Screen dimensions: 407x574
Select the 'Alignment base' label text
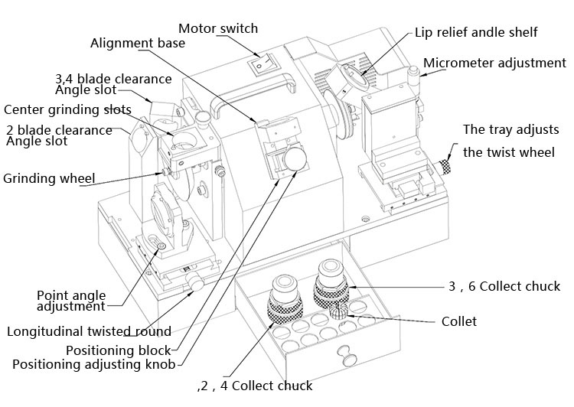click(137, 43)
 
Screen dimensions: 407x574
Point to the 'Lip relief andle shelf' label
click(475, 32)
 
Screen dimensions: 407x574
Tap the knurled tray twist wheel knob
click(445, 166)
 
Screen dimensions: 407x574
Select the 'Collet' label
click(459, 321)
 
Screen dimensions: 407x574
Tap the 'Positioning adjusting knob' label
click(94, 363)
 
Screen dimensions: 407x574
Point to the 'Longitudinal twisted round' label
click(89, 331)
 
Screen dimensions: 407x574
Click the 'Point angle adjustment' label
click(70, 301)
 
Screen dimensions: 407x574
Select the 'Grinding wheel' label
click(49, 179)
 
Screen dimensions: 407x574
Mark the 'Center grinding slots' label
click(67, 109)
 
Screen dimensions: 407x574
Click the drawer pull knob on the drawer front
click(349, 356)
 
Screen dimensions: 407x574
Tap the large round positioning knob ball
click(293, 161)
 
